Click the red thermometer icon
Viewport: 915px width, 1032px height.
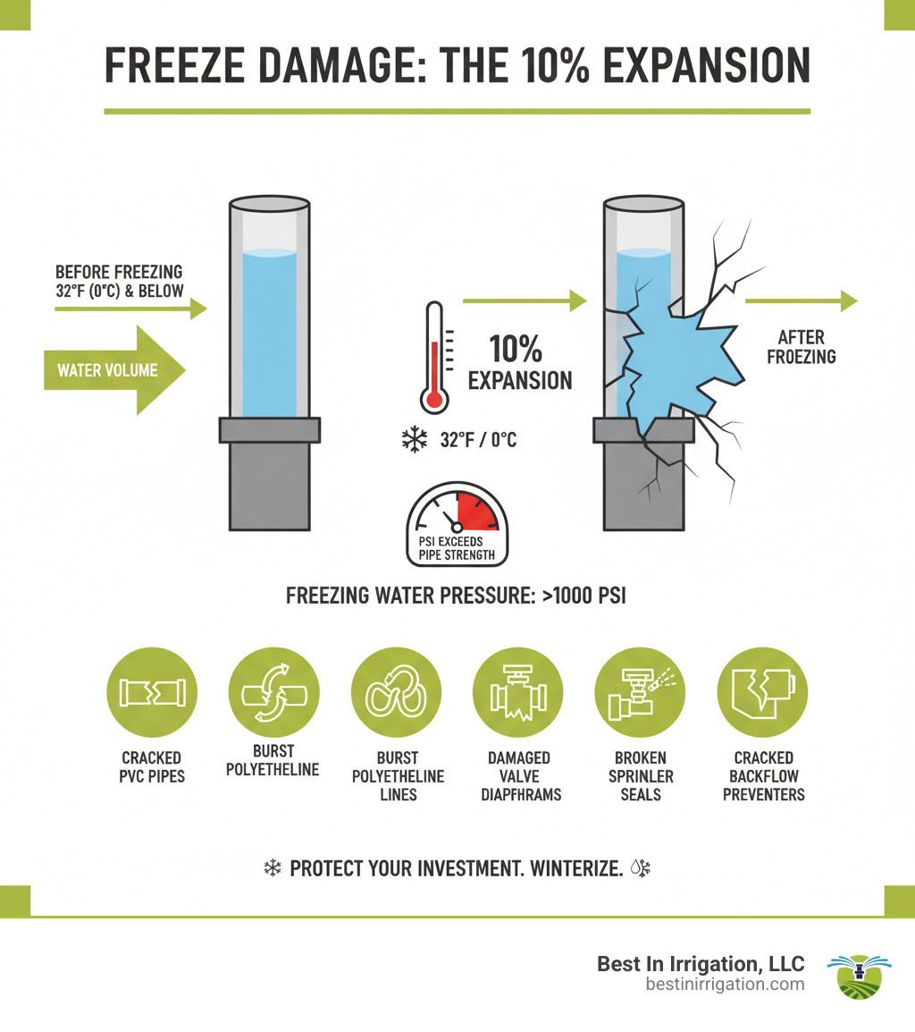tap(435, 356)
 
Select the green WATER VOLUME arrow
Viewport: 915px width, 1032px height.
tap(115, 370)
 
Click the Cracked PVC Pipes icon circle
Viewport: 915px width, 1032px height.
tap(151, 693)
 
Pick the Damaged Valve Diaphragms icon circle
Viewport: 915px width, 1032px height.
tap(517, 693)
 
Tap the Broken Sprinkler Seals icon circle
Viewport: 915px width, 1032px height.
tap(640, 693)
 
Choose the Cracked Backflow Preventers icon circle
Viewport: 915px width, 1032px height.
tap(762, 693)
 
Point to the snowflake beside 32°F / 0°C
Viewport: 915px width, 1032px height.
tap(413, 440)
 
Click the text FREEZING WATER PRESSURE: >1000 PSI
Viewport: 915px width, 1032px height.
tap(456, 596)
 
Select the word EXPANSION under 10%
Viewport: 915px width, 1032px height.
tap(520, 380)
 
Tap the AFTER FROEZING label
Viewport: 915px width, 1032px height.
tap(806, 347)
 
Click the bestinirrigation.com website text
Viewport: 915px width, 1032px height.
tap(725, 985)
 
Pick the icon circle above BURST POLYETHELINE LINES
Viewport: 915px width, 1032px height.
tap(396, 693)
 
